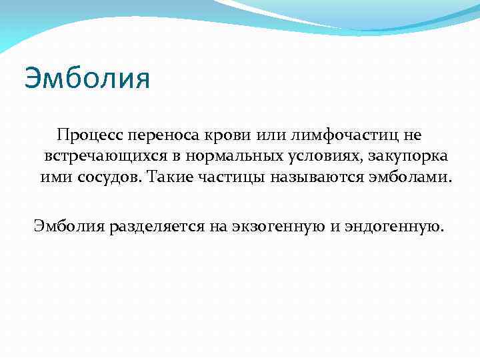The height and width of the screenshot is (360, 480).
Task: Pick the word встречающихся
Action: click(x=99, y=157)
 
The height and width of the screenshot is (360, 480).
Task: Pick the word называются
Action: click(x=312, y=178)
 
